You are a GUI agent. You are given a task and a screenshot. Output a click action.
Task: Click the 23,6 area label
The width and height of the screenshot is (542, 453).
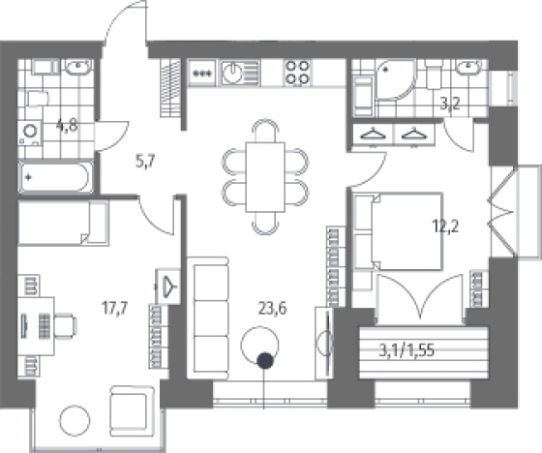272,308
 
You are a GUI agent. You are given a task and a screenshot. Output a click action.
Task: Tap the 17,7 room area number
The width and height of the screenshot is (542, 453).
115,308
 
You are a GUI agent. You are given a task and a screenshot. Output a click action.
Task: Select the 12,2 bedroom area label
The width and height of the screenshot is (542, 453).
445,226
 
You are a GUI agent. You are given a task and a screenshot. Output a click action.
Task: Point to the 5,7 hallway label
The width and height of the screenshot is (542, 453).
145,161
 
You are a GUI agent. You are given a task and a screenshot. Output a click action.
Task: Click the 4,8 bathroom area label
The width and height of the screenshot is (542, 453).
67,126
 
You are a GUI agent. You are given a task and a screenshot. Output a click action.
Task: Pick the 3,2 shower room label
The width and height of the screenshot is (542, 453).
450,103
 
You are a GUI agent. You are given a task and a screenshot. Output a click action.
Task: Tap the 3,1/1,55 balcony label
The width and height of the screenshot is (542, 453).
406,351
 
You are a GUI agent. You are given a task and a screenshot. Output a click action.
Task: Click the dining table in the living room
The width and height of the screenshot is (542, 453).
265,177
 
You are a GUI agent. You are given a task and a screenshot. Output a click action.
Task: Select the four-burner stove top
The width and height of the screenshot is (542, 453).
298,74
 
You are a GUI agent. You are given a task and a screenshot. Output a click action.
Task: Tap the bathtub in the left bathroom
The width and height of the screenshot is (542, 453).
56,177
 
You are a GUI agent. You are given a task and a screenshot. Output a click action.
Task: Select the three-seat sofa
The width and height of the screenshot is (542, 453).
207,318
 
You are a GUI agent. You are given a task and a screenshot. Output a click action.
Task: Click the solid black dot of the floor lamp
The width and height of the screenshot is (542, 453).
265,360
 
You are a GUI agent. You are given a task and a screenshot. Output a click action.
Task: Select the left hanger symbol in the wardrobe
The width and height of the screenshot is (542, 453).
373,134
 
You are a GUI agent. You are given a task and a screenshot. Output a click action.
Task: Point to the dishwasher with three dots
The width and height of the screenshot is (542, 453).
201,74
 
